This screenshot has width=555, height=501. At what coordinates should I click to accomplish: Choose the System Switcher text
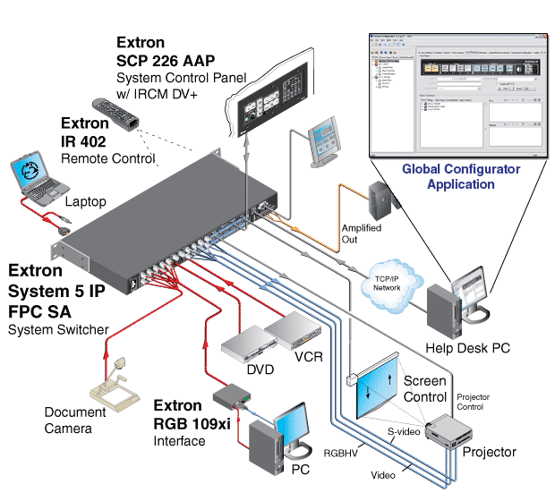pyautogui.click(x=59, y=330)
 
